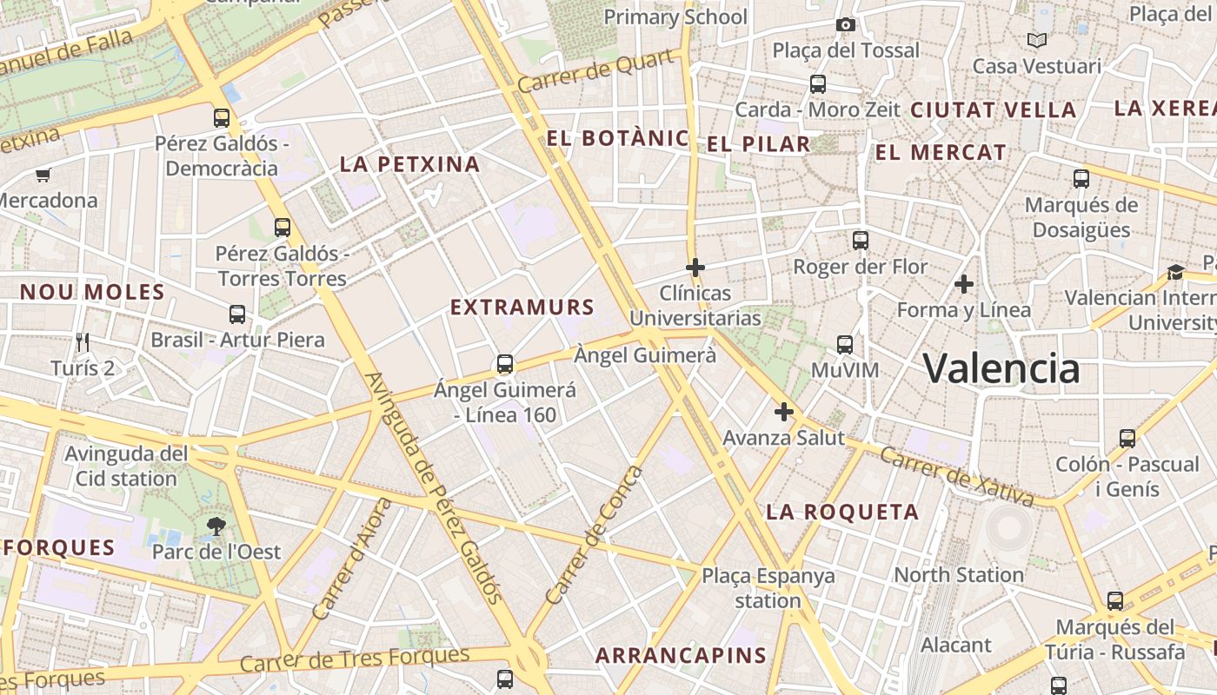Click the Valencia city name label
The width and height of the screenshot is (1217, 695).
tap(1001, 368)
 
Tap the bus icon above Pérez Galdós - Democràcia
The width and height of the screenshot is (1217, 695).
tap(222, 117)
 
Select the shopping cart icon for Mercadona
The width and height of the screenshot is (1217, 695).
tap(43, 175)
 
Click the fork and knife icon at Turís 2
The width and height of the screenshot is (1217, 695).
tap(83, 341)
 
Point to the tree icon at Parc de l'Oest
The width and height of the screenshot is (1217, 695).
tap(216, 525)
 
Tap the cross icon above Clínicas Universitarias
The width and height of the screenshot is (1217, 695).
tap(695, 268)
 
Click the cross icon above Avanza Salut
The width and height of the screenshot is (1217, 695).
tap(784, 412)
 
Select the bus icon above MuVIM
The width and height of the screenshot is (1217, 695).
tap(844, 345)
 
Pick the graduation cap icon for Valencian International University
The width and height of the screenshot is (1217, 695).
tap(1175, 272)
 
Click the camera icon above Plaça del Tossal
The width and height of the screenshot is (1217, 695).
tap(845, 24)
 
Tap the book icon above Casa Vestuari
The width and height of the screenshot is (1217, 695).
tap(1036, 40)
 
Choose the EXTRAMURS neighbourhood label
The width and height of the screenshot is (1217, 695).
tap(522, 307)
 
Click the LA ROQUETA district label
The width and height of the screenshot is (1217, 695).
tap(841, 513)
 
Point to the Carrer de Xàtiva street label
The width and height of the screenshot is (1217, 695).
tap(956, 476)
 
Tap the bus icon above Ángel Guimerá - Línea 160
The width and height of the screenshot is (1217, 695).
tap(504, 364)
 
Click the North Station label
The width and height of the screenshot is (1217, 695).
tap(959, 574)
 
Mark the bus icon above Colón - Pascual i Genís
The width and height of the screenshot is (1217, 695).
tap(1127, 439)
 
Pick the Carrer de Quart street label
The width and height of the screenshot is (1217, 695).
tap(595, 71)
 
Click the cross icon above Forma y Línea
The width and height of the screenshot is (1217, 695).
tap(963, 284)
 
